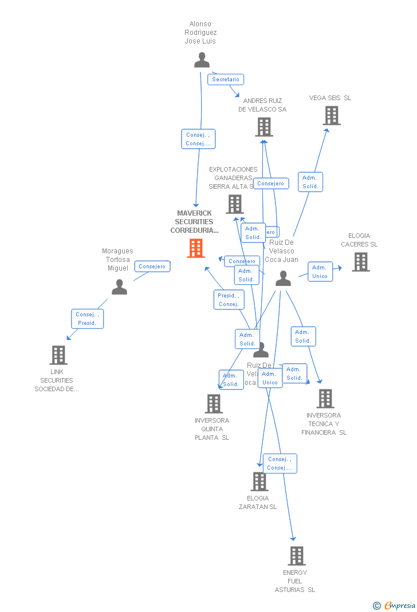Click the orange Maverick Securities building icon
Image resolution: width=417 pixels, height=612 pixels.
pyautogui.click(x=196, y=248)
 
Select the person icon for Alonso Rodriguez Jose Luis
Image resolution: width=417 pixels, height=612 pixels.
pyautogui.click(x=202, y=60)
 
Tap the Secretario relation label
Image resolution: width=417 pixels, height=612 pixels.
pyautogui.click(x=226, y=80)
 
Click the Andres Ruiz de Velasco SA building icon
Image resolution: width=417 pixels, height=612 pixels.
pyautogui.click(x=263, y=127)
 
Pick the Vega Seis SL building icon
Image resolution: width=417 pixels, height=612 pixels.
pyautogui.click(x=331, y=116)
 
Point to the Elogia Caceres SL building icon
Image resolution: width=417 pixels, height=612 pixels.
pyautogui.click(x=360, y=261)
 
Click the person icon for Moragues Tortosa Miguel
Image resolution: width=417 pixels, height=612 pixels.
pyautogui.click(x=119, y=287)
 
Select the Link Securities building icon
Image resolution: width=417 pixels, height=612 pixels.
pyautogui.click(x=58, y=355)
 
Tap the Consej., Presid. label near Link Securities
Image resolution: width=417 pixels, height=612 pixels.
pyautogui.click(x=87, y=319)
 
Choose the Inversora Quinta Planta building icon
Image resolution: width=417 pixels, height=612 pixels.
pyautogui.click(x=213, y=404)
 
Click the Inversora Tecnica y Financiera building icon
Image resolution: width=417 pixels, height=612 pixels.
pyautogui.click(x=325, y=399)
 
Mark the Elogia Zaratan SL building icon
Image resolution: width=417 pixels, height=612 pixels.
pyautogui.click(x=259, y=482)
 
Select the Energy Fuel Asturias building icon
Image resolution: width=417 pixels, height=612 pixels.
pyautogui.click(x=296, y=556)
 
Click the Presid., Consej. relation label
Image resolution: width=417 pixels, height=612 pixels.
pyautogui.click(x=229, y=300)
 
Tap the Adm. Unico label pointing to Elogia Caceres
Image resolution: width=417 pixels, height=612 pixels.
pyautogui.click(x=320, y=272)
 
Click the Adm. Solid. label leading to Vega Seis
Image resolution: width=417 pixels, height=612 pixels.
pyautogui.click(x=310, y=182)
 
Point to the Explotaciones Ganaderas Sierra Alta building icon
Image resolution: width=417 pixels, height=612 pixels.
pyautogui.click(x=234, y=204)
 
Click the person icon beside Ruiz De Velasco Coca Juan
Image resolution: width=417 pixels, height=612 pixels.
pyautogui.click(x=283, y=279)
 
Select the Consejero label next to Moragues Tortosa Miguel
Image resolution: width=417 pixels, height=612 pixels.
pyautogui.click(x=152, y=266)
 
